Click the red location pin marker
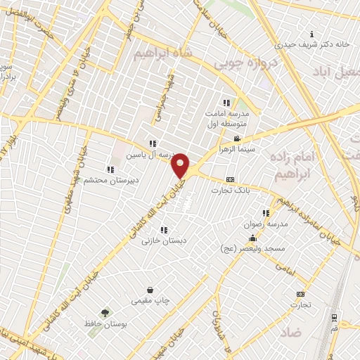click(x=181, y=165)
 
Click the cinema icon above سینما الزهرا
click(x=238, y=139)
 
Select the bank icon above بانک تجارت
click(x=231, y=180)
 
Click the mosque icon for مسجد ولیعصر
click(x=253, y=238)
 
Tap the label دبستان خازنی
click(x=164, y=240)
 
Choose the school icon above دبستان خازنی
click(x=164, y=230)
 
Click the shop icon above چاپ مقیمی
click(x=150, y=290)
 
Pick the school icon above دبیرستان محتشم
click(x=110, y=169)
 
